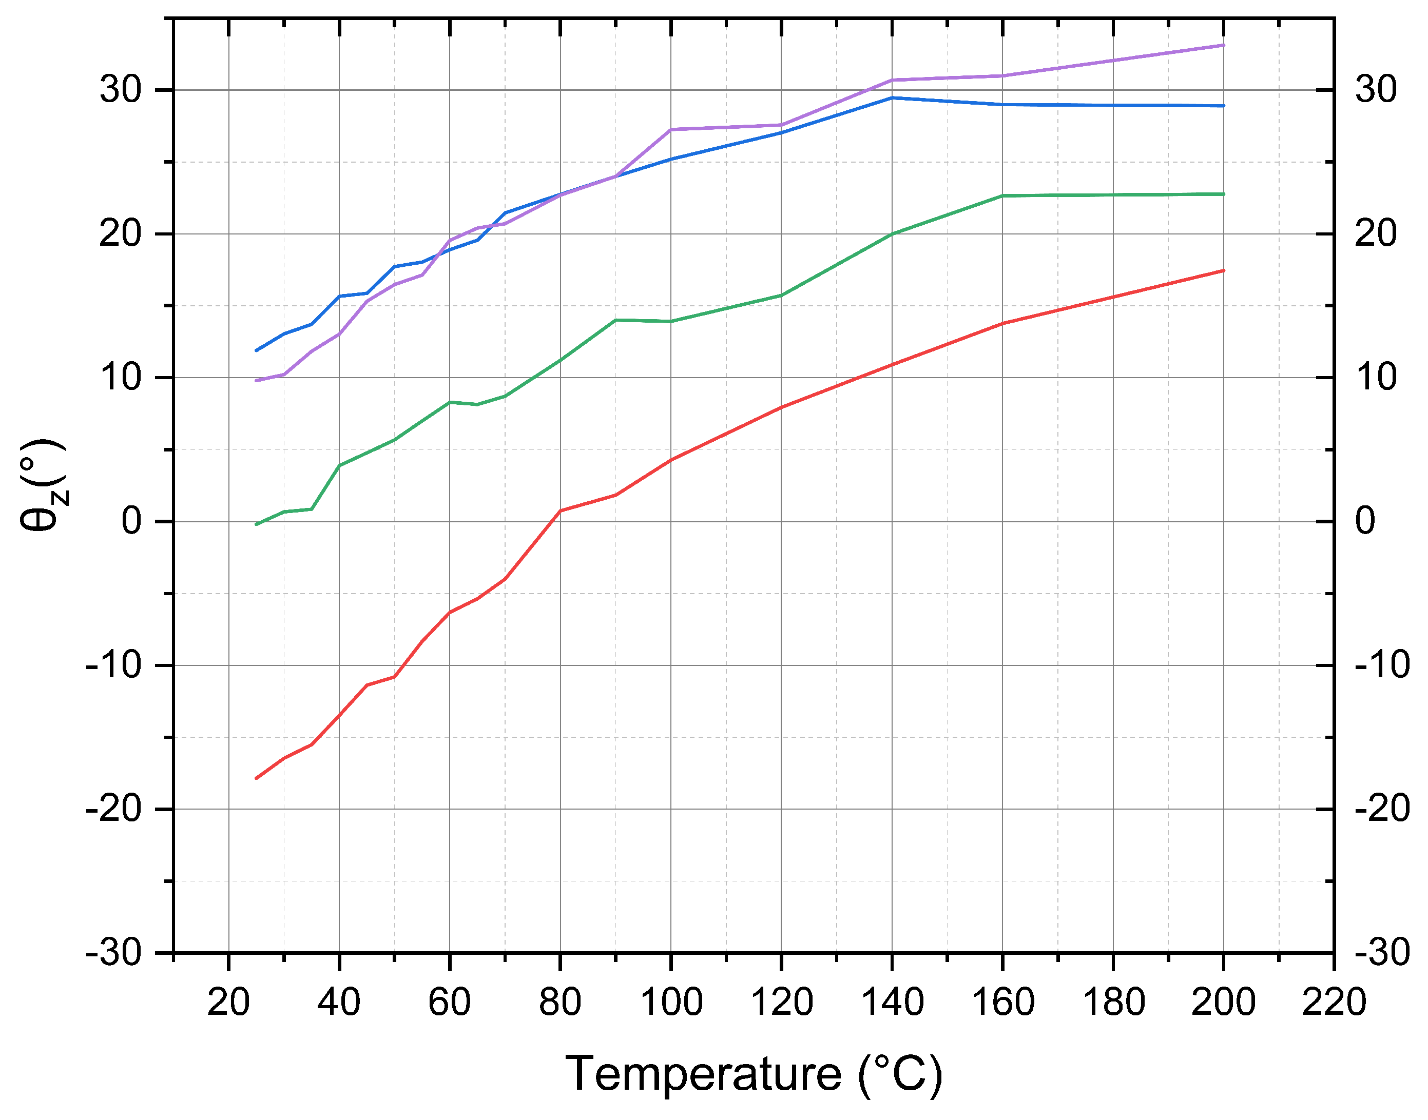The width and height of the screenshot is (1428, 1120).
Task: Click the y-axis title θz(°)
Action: pyautogui.click(x=43, y=485)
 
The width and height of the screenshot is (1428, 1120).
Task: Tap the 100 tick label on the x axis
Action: pyautogui.click(x=670, y=1002)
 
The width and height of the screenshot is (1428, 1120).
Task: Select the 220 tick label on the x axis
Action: pyautogui.click(x=1334, y=1002)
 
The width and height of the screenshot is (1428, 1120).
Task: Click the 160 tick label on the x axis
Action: pyautogui.click(x=1002, y=1002)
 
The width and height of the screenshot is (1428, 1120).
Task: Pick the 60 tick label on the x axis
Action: pyautogui.click(x=449, y=1002)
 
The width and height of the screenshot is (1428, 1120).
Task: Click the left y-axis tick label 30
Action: pyautogui.click(x=121, y=89)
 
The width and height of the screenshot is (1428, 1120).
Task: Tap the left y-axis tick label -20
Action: pyautogui.click(x=113, y=809)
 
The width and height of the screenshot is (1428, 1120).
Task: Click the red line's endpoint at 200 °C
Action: pyautogui.click(x=1223, y=270)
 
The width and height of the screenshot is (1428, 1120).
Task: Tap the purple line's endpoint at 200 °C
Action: pyautogui.click(x=1223, y=45)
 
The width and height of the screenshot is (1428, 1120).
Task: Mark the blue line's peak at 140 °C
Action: pyautogui.click(x=892, y=97)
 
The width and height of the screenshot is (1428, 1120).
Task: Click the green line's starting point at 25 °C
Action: pyautogui.click(x=257, y=524)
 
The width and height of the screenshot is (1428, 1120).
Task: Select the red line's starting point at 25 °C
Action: pyautogui.click(x=257, y=778)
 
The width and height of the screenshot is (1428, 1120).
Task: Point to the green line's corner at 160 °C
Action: pyautogui.click(x=1002, y=195)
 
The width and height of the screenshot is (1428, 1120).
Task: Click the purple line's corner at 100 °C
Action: pyautogui.click(x=670, y=129)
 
